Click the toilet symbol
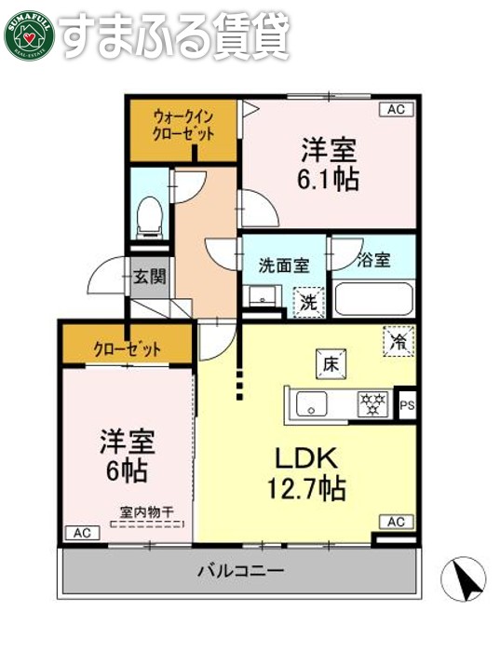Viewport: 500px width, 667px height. click(x=149, y=216)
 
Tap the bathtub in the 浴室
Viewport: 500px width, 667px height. click(x=372, y=299)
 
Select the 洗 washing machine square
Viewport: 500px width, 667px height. click(x=307, y=301)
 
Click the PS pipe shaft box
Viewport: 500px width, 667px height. click(x=407, y=404)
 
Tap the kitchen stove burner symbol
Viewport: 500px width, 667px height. click(x=373, y=403)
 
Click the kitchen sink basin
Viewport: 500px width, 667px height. click(x=310, y=404)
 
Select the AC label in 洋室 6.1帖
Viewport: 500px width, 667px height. click(x=396, y=109)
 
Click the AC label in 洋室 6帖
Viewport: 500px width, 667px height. click(x=79, y=533)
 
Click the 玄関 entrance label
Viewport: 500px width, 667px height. click(x=149, y=276)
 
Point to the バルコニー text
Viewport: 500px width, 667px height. click(x=239, y=570)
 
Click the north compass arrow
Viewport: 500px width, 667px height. click(x=468, y=579)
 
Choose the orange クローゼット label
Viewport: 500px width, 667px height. click(x=127, y=349)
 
